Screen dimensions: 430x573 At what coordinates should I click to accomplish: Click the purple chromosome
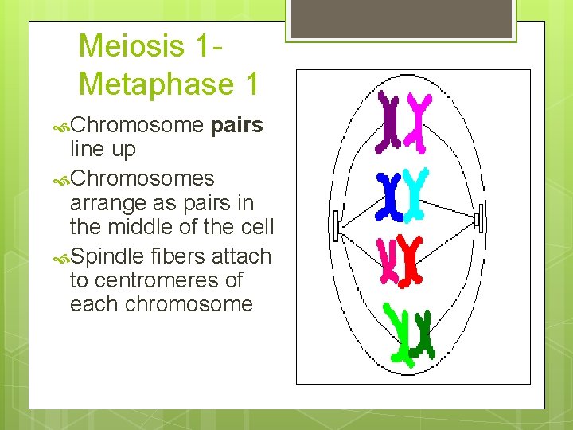tap(388, 121)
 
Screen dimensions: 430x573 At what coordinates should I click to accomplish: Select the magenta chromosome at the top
tap(417, 122)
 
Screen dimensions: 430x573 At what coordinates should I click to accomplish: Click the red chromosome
tap(410, 259)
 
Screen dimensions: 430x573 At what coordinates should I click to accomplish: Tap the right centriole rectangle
tap(477, 219)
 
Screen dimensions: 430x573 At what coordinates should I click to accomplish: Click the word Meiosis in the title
tap(132, 46)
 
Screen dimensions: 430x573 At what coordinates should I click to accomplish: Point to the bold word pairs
tap(237, 126)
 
